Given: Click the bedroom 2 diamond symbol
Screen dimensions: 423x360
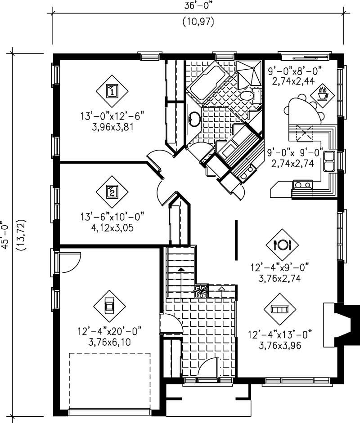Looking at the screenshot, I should point(112,192).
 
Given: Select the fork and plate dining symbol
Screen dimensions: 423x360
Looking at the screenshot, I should point(282,245).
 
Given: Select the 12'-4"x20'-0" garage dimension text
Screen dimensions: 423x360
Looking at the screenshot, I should point(109,331).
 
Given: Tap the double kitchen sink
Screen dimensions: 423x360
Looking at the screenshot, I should point(328,162).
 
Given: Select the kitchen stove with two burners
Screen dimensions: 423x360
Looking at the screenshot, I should point(302,184).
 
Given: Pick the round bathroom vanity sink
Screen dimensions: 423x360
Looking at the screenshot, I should point(194,119).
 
